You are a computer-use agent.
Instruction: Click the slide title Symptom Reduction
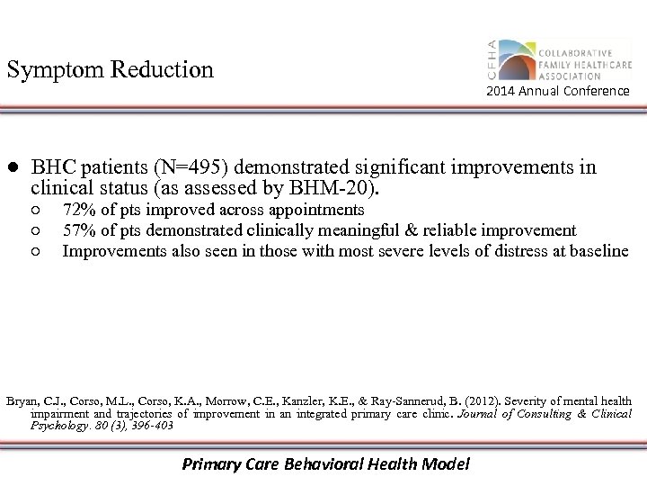(111, 69)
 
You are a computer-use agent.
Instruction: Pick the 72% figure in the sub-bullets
(78, 210)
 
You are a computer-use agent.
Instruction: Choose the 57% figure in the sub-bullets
(78, 230)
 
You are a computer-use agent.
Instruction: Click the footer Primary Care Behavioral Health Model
(325, 464)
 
